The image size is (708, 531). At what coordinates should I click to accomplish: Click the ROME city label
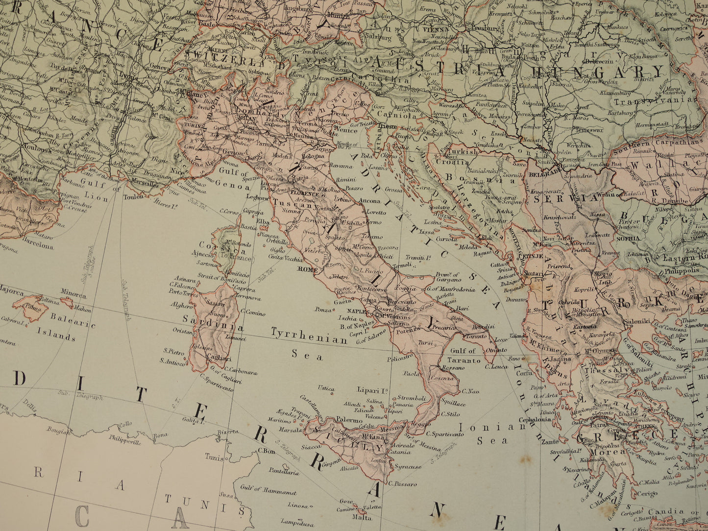coord(307,269)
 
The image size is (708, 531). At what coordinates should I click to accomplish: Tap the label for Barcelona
coord(37,245)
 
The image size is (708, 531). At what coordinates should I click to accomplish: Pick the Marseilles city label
coord(142,184)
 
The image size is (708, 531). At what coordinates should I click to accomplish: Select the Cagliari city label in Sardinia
coord(220,358)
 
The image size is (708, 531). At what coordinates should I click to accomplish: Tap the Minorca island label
coord(73,295)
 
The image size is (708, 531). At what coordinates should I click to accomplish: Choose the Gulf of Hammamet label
coord(268,490)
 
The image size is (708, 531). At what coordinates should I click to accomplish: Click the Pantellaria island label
coord(284,472)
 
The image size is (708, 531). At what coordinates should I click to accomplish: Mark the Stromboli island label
coord(411,398)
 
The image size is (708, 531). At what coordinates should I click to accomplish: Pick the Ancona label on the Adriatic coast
coord(369,201)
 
